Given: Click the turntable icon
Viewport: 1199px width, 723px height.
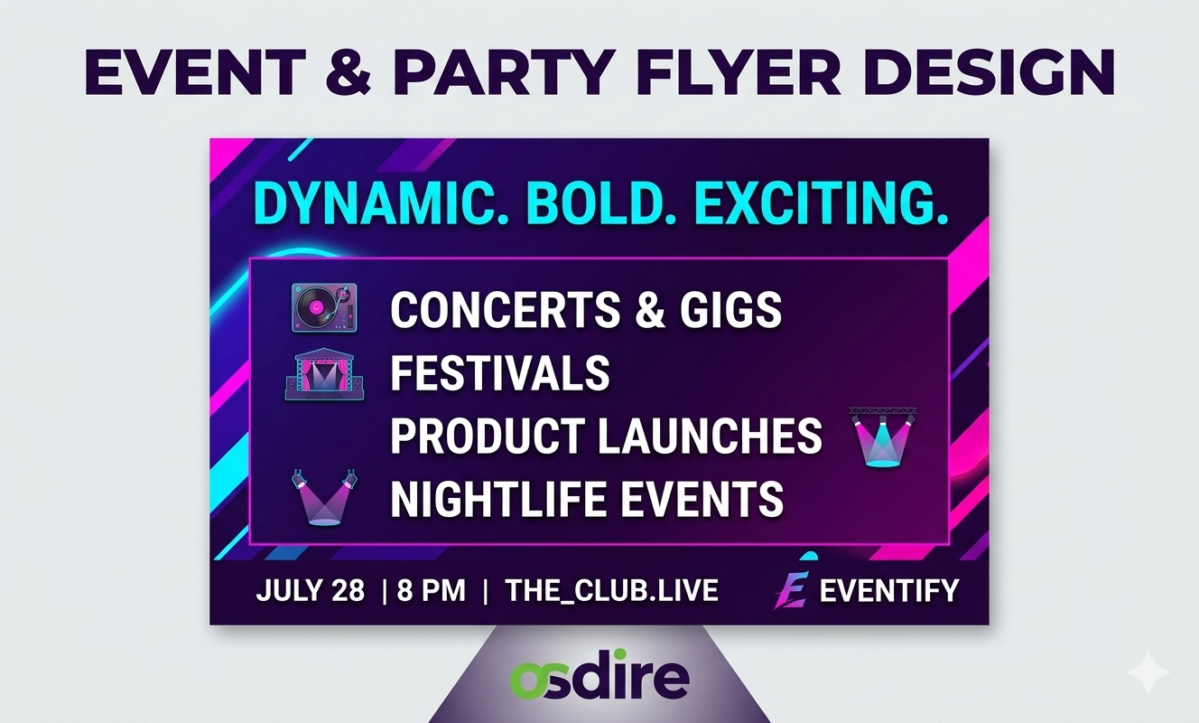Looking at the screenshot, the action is [x=324, y=307].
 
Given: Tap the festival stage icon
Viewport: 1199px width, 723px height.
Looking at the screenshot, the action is [x=324, y=374].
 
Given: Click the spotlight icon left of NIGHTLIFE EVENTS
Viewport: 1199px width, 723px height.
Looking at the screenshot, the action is [x=324, y=497].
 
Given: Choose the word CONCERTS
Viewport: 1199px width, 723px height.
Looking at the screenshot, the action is [x=506, y=309].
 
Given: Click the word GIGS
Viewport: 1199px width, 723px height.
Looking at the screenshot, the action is [x=730, y=309].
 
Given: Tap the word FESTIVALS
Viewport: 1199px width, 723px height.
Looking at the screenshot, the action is [x=500, y=372].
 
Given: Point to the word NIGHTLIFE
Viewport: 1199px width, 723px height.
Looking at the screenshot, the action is [x=497, y=499].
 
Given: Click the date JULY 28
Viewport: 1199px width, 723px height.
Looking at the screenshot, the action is [x=311, y=591].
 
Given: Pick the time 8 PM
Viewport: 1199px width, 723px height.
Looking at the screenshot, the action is [x=432, y=591].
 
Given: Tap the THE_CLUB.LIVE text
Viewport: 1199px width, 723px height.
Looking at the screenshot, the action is [x=611, y=591].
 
